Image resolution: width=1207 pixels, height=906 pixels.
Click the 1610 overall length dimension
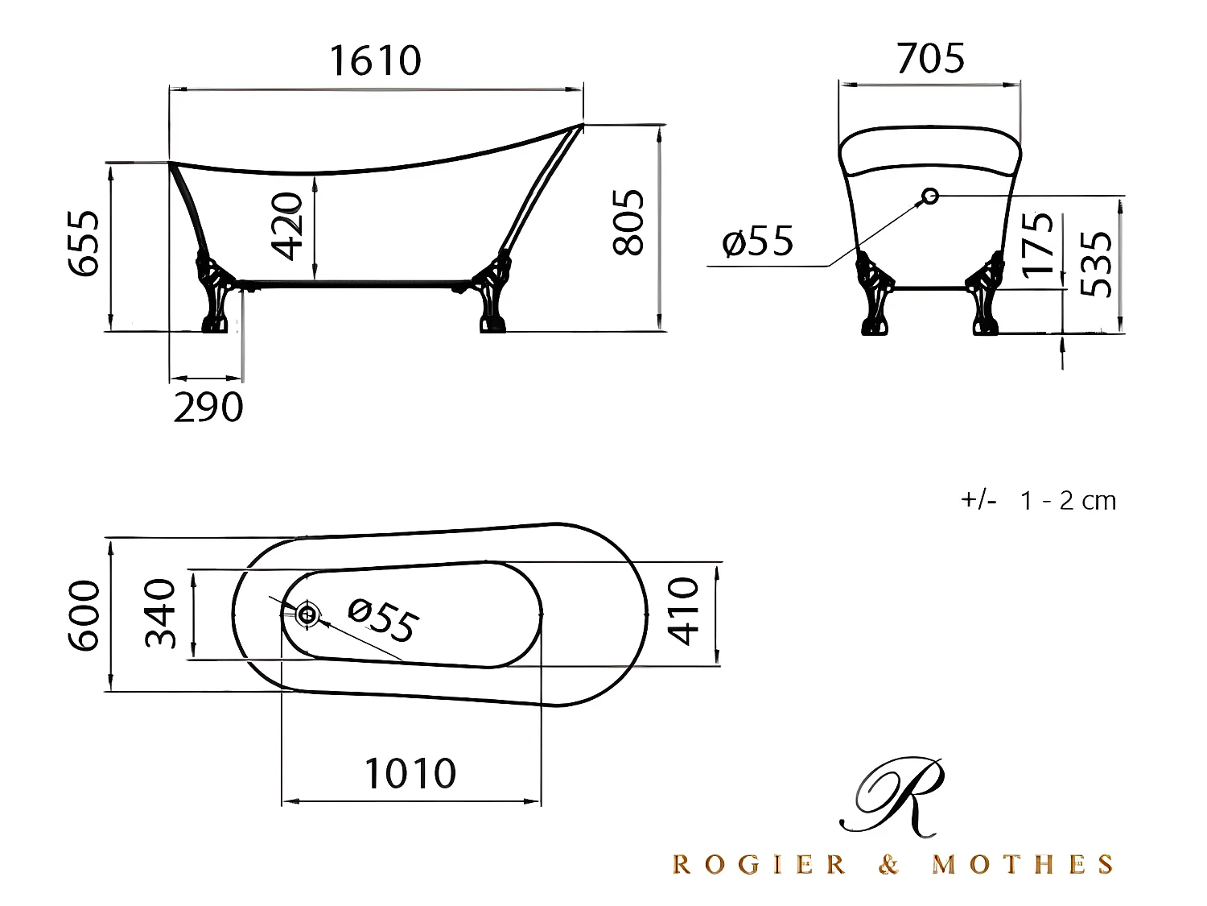(x=375, y=60)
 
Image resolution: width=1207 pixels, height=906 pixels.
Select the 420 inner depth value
(x=287, y=226)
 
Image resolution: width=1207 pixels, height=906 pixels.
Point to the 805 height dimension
(x=628, y=223)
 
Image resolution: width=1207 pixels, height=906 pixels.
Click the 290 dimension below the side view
(x=208, y=407)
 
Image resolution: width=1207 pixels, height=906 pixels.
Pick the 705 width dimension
(x=930, y=59)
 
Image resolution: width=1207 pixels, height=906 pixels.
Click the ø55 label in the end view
(x=758, y=241)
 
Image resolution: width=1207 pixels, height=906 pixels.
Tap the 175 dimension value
(x=1038, y=244)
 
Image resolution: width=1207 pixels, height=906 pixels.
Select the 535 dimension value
(x=1096, y=264)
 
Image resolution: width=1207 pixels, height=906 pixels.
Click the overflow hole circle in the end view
(x=930, y=195)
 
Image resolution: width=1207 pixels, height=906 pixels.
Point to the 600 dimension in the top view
(x=84, y=615)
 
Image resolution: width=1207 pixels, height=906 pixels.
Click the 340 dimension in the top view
(x=160, y=614)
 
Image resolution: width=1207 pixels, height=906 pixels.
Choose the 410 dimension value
(x=683, y=611)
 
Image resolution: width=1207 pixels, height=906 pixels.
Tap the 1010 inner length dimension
(x=410, y=774)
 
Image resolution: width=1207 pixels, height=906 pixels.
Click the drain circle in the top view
(x=307, y=614)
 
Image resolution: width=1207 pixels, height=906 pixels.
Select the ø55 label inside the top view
(x=383, y=621)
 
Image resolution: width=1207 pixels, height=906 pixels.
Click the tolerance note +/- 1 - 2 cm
(x=1038, y=501)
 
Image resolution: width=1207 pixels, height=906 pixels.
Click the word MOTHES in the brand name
(x=1023, y=865)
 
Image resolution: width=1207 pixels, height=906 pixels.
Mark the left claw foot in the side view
(x=216, y=295)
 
